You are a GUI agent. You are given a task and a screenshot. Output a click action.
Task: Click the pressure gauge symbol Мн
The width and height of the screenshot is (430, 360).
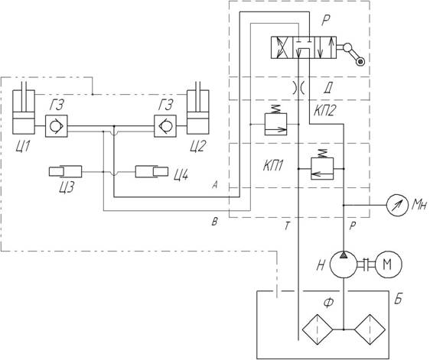(397, 205)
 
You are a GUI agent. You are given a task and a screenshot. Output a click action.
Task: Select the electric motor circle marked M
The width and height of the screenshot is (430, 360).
(389, 264)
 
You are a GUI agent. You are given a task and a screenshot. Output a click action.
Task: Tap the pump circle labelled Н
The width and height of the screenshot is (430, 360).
(344, 264)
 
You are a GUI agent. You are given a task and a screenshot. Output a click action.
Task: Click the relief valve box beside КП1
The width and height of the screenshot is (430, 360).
(322, 168)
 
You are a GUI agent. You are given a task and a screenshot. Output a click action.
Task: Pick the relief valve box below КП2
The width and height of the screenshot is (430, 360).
(276, 124)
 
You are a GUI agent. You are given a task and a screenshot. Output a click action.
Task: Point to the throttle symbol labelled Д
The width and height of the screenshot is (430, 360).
(298, 88)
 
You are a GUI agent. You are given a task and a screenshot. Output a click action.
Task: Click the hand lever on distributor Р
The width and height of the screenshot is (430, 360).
(353, 54)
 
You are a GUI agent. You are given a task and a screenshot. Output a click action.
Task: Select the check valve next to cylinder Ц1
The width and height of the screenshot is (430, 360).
(57, 126)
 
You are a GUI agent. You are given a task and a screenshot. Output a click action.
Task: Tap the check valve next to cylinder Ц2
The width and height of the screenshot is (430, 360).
(165, 126)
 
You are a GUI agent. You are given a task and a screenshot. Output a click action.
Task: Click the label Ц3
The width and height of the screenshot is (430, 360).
(67, 187)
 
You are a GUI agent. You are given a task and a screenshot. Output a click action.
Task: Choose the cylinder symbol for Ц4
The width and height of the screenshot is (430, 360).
(151, 172)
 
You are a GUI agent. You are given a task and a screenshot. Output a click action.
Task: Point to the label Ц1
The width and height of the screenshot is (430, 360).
(22, 147)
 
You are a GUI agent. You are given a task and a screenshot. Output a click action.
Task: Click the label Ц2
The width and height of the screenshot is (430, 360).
(197, 146)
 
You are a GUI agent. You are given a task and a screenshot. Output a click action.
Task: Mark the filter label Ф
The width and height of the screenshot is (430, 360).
(328, 303)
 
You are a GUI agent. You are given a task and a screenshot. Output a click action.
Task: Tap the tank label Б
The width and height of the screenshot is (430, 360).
(398, 300)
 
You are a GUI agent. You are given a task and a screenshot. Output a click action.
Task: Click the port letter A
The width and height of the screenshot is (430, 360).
(215, 186)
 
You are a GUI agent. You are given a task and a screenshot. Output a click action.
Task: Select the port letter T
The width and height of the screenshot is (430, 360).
(287, 226)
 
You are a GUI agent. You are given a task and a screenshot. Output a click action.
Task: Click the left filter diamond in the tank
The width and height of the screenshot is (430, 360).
(318, 329)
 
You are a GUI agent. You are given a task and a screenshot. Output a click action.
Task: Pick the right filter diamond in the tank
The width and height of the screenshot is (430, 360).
(370, 329)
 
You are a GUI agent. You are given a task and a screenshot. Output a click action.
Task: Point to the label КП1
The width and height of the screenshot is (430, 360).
(273, 166)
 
